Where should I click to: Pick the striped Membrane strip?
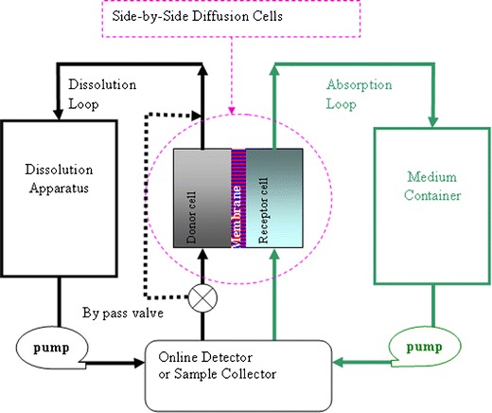[237, 198]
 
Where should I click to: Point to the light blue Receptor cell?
[274, 198]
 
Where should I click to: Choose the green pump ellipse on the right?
[430, 348]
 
